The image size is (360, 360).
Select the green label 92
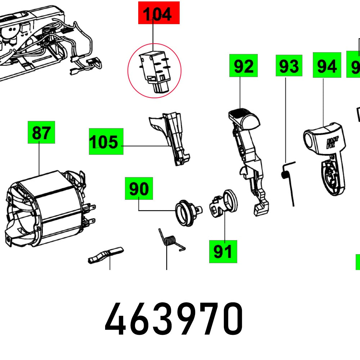[x=244, y=65]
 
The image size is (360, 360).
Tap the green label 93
[x=289, y=66]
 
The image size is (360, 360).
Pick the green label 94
[x=327, y=65]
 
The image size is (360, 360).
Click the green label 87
[x=41, y=132]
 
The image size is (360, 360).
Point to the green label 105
[x=106, y=141]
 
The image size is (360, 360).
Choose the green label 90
[x=139, y=188]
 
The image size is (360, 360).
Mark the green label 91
[x=223, y=251]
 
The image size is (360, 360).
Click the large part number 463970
[x=174, y=319]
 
